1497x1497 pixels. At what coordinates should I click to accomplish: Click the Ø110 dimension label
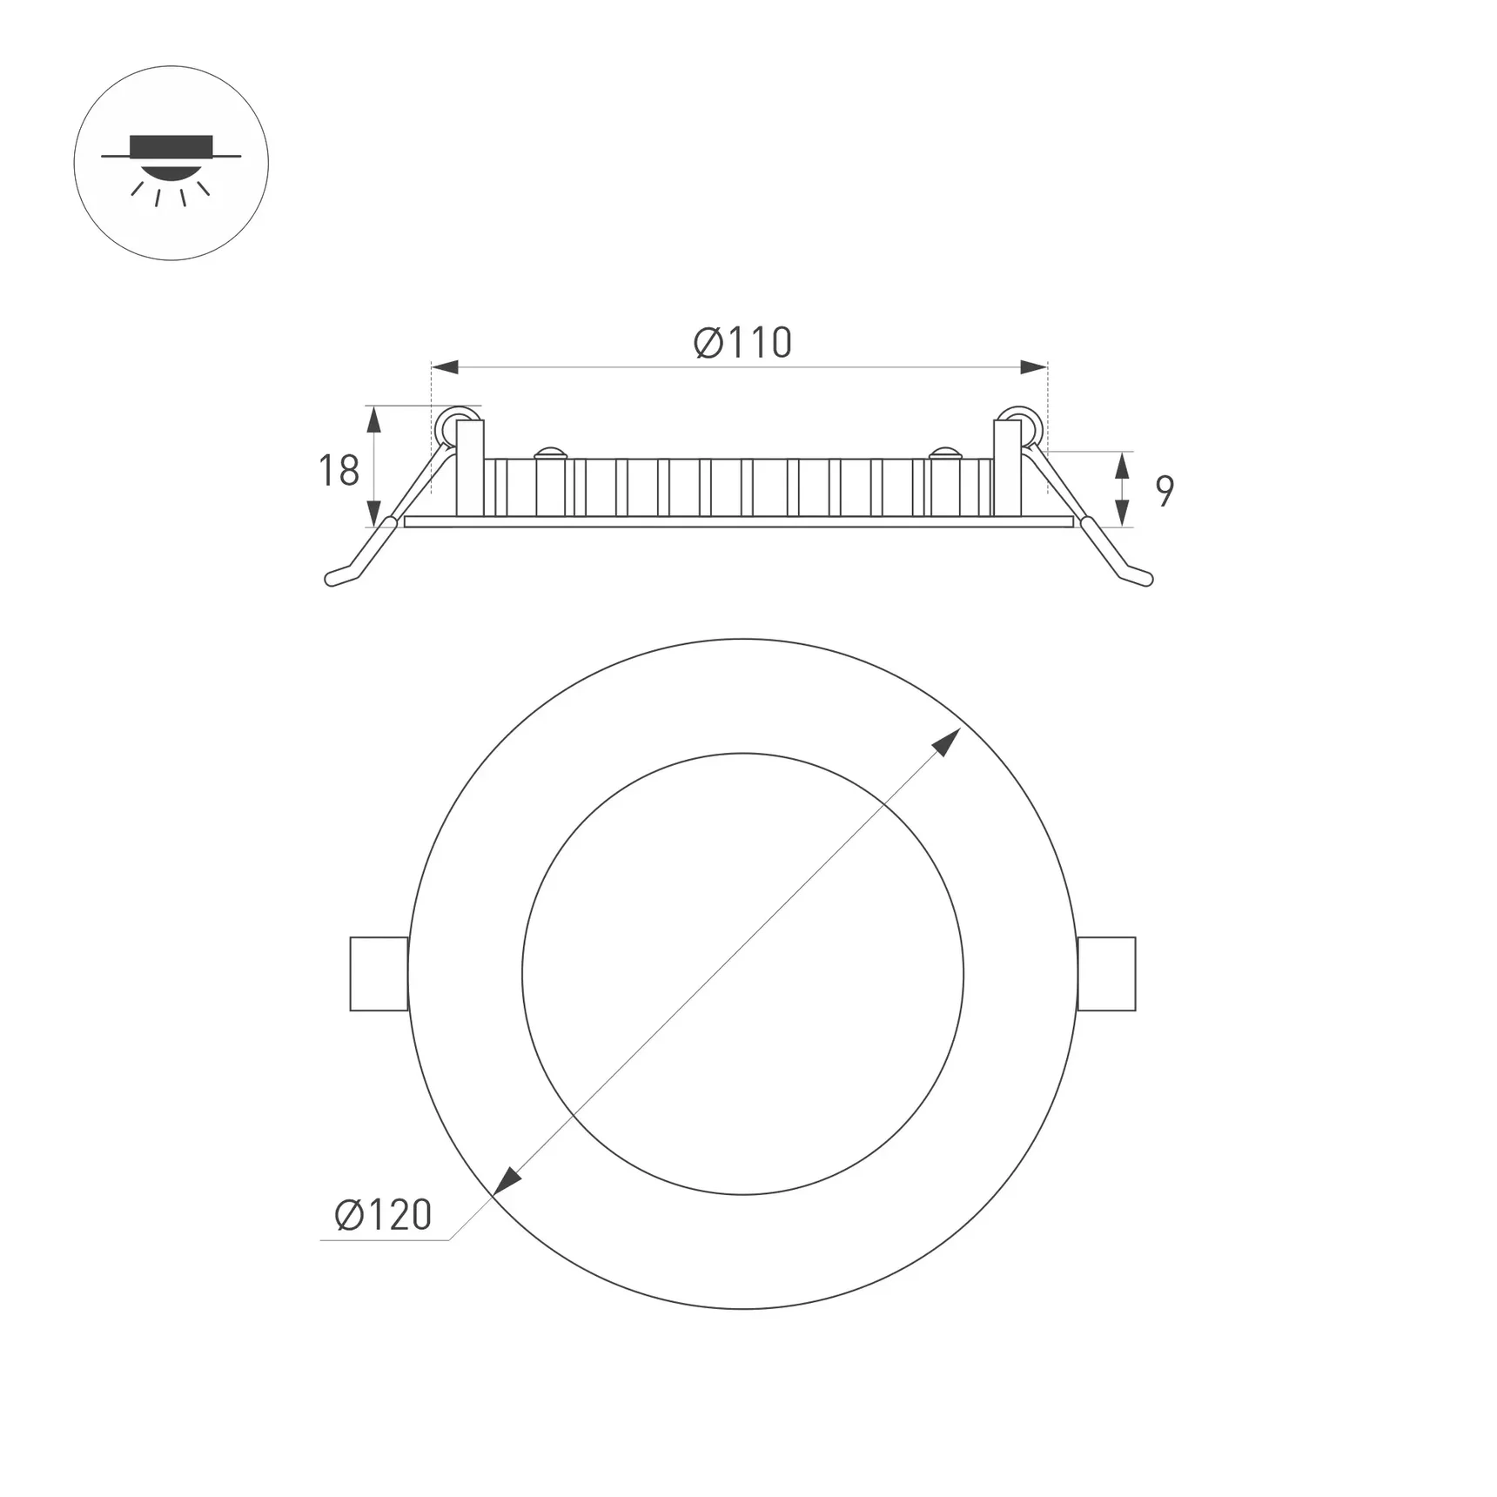pos(742,343)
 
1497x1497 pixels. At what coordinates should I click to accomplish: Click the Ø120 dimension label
pos(383,1215)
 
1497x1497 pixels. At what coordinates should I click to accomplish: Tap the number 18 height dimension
pos(339,471)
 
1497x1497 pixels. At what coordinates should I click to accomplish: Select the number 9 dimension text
pos(1165,492)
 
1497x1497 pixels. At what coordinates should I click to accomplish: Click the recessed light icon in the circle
pos(171,164)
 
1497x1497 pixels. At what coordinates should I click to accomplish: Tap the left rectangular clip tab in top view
pos(379,974)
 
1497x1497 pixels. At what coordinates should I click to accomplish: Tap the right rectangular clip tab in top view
pos(1106,974)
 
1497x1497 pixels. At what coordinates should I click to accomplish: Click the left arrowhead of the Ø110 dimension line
pos(445,367)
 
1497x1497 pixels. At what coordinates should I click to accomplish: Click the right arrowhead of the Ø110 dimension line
pos(1034,367)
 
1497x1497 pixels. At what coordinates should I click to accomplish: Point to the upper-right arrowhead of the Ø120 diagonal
pos(947,742)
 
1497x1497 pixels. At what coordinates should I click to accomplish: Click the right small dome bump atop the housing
pos(944,453)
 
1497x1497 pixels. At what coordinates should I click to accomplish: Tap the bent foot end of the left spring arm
pos(341,576)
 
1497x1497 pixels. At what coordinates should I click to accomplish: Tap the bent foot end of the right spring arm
pos(1138,576)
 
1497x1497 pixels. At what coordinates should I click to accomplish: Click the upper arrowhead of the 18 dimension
pos(373,420)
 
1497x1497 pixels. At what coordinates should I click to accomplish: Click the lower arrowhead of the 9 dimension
pos(1122,514)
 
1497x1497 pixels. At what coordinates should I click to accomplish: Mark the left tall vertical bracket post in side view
pos(470,468)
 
